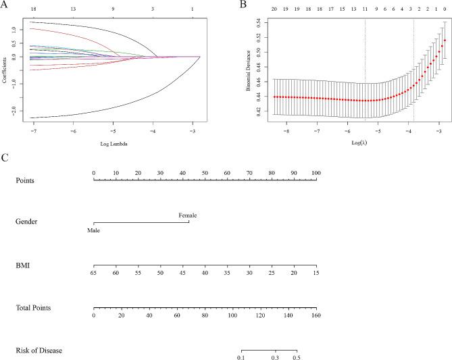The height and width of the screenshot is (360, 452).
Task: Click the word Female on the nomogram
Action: (x=188, y=215)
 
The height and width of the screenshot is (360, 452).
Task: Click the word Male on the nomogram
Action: (x=93, y=230)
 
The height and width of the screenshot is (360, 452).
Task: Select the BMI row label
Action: (x=23, y=265)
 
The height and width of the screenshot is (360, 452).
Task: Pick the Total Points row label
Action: (x=34, y=308)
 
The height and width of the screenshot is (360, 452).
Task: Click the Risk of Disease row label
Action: (x=38, y=351)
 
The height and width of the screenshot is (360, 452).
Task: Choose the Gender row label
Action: (x=28, y=223)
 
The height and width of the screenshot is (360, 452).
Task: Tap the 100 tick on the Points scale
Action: (x=315, y=174)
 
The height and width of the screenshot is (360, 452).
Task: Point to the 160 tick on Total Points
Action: (x=315, y=315)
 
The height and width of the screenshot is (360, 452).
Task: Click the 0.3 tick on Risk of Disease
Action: (x=274, y=357)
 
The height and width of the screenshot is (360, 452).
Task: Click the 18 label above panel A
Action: (x=32, y=10)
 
